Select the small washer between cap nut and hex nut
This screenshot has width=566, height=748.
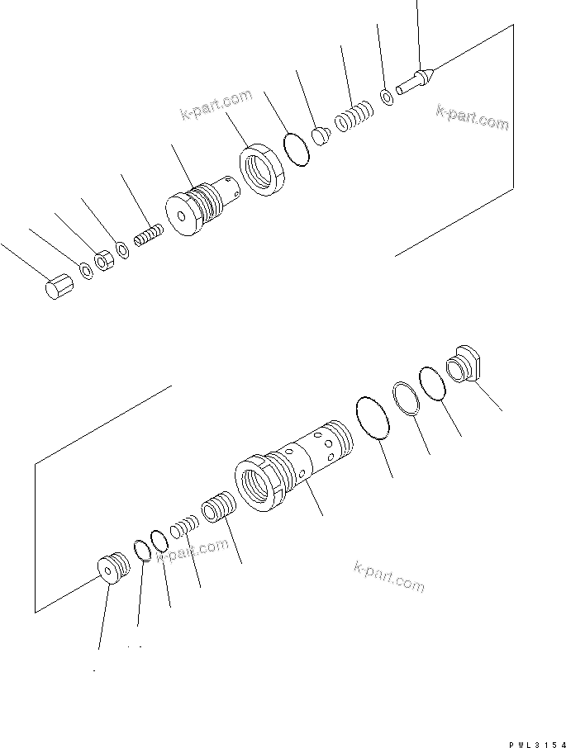tap(85, 270)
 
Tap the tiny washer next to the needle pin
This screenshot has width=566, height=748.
tap(387, 98)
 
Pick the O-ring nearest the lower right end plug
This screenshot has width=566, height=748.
tap(433, 383)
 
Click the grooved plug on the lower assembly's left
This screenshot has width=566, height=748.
tap(112, 569)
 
